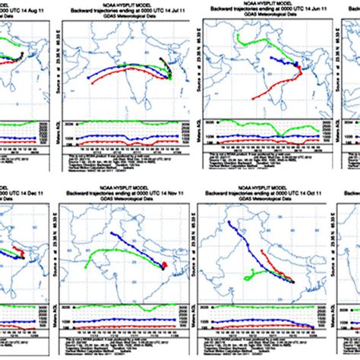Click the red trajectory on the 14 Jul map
point(122,79)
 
